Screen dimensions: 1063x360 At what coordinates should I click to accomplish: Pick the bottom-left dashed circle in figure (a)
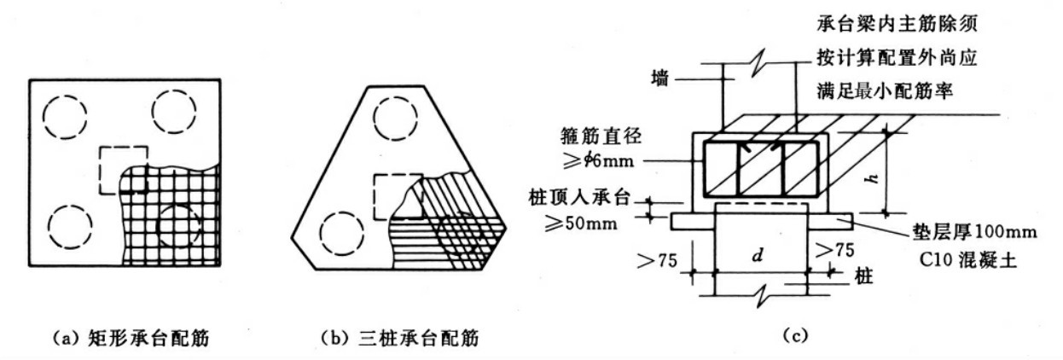pyautogui.click(x=71, y=225)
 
